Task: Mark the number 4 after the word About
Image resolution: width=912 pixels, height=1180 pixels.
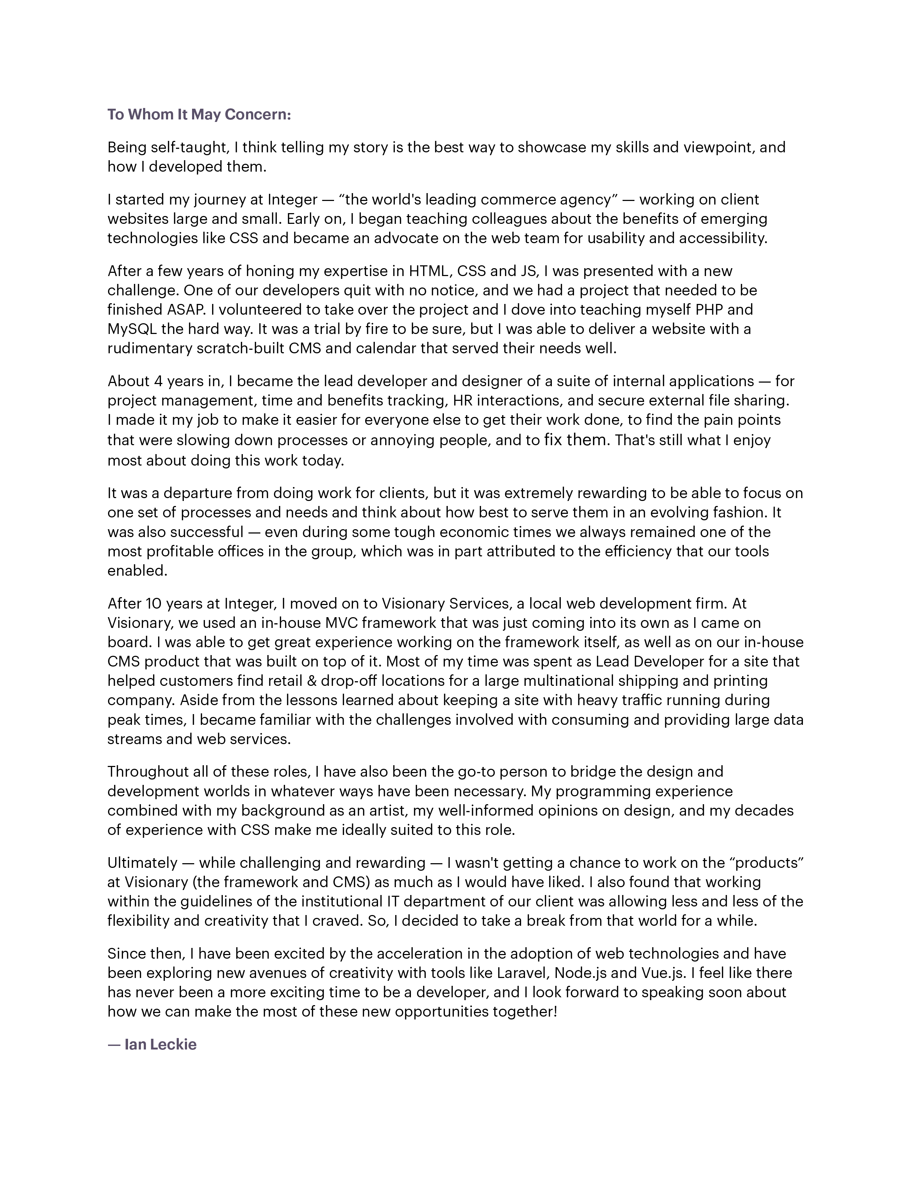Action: (158, 382)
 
